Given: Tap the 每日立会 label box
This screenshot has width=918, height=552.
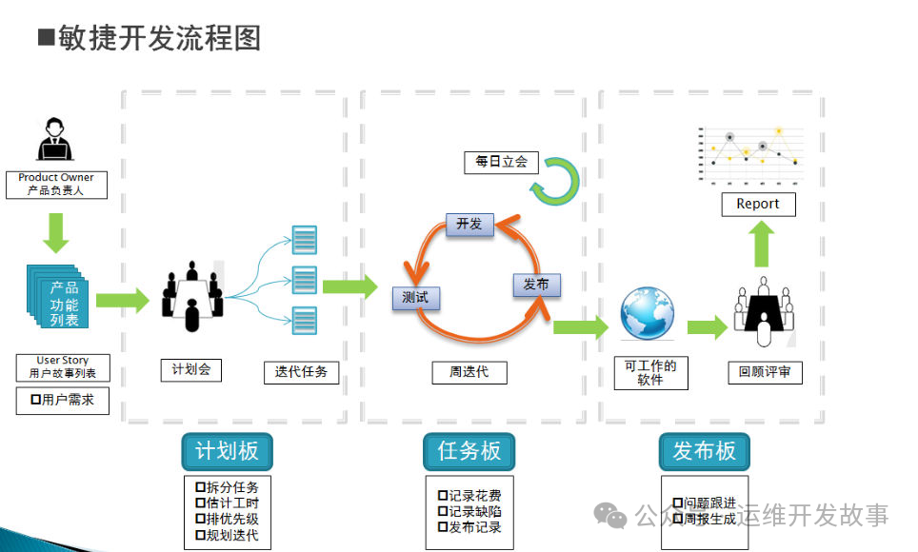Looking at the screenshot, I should point(501,162).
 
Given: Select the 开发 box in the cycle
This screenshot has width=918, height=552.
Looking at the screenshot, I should point(469,225).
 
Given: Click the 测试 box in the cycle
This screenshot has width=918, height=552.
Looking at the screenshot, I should point(415,297).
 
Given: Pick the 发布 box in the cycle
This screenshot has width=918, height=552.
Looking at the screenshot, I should point(536,284).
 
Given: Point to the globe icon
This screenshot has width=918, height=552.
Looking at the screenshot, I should point(648,313).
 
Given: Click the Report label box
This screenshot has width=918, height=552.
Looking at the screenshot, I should point(758,204).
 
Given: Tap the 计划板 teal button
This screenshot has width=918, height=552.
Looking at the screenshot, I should point(227,451).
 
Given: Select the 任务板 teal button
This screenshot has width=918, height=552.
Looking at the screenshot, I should point(469,451).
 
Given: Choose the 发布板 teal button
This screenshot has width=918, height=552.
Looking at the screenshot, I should point(705,451).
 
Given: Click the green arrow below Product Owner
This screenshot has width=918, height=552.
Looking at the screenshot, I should point(58,232).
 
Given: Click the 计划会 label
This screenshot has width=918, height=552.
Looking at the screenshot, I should point(191,369).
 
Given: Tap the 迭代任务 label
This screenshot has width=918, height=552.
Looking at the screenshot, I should point(301,372).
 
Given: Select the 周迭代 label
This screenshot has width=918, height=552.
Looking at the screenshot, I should point(469,372).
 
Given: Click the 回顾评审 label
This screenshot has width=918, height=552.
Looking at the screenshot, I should point(765,372).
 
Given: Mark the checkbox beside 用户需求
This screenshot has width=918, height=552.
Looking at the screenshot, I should point(35,401).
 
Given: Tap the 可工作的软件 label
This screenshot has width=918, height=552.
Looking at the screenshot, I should point(650,372).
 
